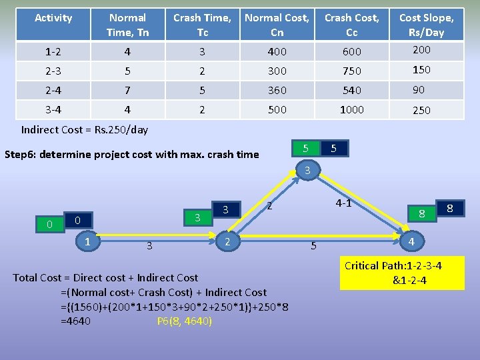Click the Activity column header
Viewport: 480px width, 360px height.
(53, 18)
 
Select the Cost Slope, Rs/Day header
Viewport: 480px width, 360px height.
(426, 25)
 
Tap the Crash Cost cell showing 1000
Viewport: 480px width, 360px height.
(351, 110)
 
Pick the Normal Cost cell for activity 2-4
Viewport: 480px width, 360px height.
(277, 90)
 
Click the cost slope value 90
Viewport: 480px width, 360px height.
(419, 89)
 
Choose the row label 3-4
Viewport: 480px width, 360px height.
(53, 110)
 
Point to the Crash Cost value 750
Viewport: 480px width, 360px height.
(351, 71)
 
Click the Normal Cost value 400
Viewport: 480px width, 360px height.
(277, 51)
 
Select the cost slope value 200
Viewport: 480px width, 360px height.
(421, 50)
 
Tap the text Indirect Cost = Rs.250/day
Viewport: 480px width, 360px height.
(85, 129)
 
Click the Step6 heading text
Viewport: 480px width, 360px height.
(131, 155)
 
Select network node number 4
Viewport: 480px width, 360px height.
(412, 241)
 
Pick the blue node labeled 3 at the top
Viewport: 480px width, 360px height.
(307, 171)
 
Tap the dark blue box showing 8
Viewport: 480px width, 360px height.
(449, 209)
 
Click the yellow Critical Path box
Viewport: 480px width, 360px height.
(401, 273)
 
